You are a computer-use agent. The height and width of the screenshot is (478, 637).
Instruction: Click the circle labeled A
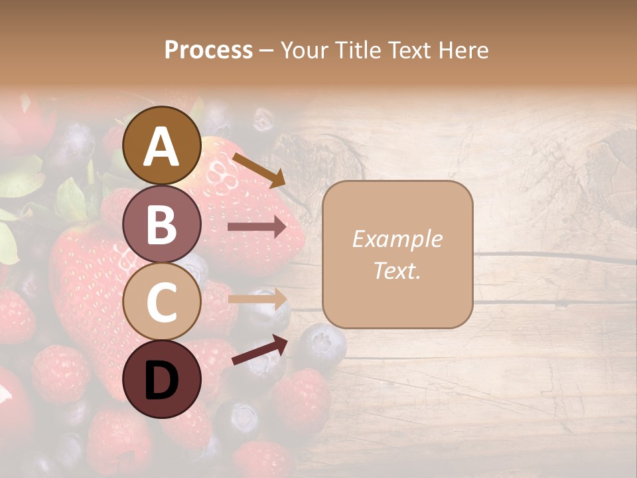[x=162, y=146]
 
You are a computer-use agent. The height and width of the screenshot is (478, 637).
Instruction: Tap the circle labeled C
[x=162, y=302]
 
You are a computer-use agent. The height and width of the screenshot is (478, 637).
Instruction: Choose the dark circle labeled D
[x=162, y=380]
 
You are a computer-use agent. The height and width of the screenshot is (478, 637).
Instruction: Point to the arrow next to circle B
[x=256, y=227]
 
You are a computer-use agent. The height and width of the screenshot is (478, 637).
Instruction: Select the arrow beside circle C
[x=256, y=299]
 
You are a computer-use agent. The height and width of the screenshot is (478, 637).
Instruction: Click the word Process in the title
[x=208, y=50]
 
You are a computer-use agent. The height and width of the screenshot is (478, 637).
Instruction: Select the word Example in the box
[x=397, y=240]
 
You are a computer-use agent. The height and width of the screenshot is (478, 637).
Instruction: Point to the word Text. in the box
[x=397, y=271]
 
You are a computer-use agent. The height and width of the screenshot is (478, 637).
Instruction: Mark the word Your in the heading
[x=303, y=50]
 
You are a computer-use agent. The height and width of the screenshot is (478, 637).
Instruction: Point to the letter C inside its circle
[x=162, y=302]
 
